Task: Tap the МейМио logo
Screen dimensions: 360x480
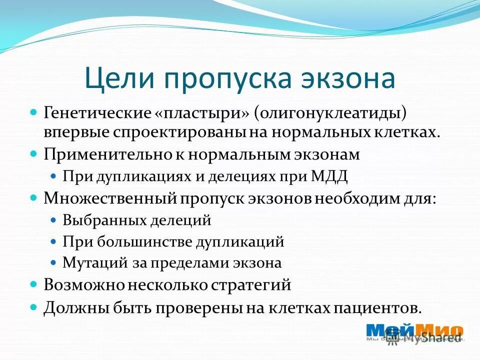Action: point(414,331)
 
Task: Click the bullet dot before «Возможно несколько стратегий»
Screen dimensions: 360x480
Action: point(34,284)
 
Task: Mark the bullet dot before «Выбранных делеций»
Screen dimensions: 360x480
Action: point(54,220)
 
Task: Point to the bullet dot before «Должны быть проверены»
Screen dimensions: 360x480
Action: point(34,306)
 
